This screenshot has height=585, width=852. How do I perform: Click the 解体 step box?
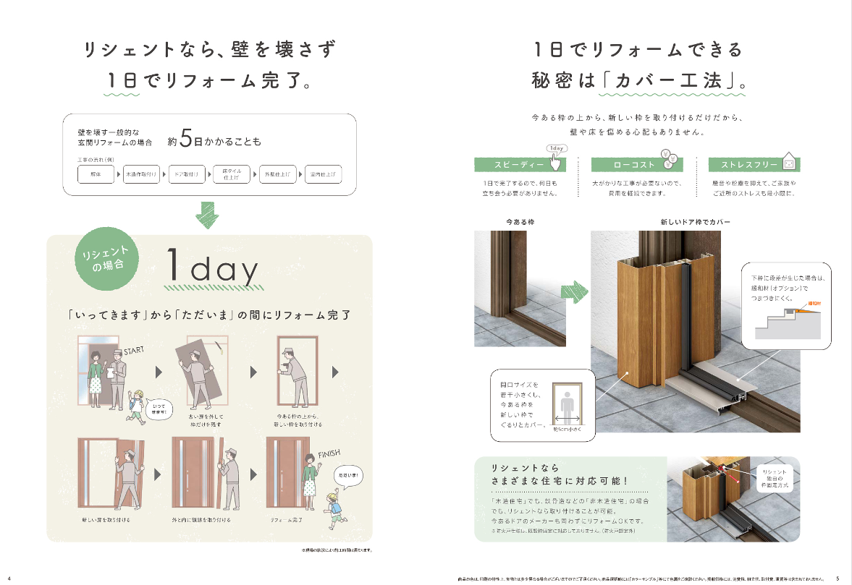(x=97, y=175)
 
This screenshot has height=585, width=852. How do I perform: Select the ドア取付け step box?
(x=186, y=175)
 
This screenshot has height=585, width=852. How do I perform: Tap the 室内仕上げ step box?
(x=323, y=175)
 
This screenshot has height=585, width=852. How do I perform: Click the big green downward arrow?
(x=209, y=215)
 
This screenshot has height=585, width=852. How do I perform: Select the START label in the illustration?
(x=135, y=351)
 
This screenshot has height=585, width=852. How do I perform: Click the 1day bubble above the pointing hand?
(x=557, y=149)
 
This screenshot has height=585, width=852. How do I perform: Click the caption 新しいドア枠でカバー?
(x=695, y=221)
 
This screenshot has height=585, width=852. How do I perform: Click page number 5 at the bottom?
(x=838, y=578)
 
